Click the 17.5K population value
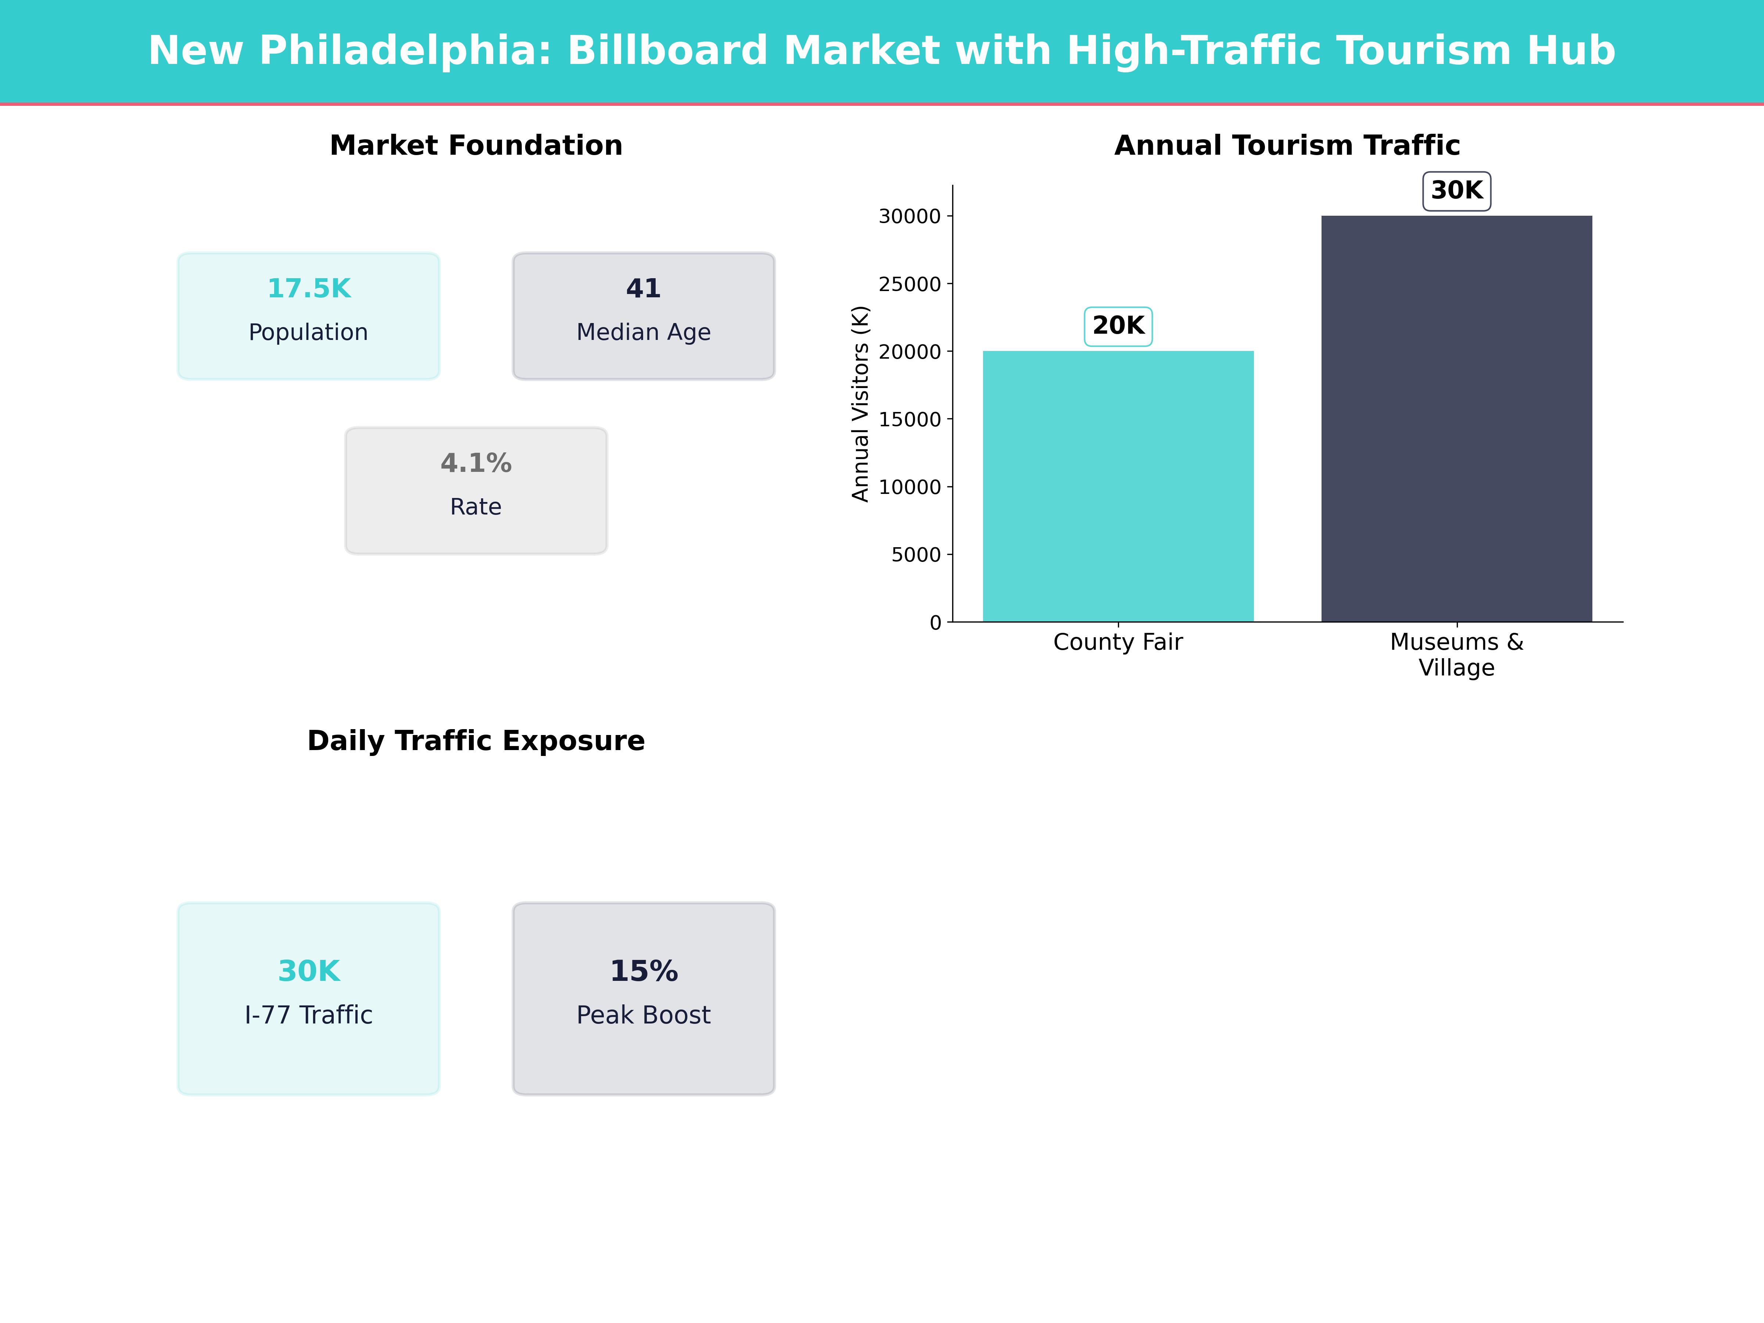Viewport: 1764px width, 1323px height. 309,289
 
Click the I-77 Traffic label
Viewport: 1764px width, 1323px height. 309,1015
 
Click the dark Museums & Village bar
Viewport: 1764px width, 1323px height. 1456,419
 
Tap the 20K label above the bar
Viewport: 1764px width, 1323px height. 1118,326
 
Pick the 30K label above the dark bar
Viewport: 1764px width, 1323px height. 1456,191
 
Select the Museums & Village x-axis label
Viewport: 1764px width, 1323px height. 1456,655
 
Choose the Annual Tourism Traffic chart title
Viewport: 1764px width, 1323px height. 1286,146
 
